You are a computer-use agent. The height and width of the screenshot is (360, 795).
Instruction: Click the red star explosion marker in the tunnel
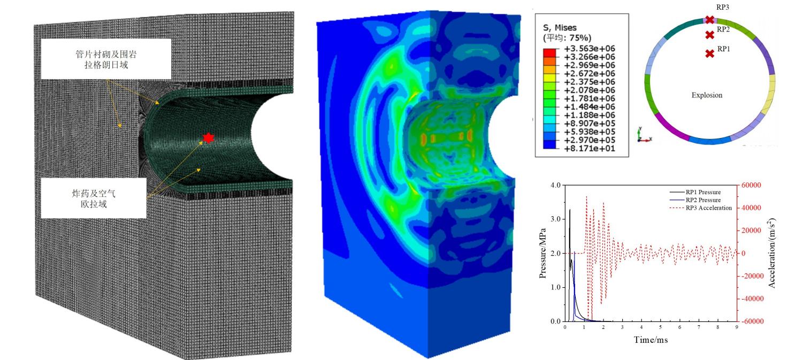(208, 138)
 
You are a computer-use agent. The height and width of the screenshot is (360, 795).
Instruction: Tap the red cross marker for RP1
(709, 53)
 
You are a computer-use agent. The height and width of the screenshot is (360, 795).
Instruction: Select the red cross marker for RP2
(709, 35)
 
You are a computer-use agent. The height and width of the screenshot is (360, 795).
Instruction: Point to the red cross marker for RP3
(709, 20)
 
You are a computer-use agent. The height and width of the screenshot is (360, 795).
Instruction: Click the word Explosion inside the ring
(707, 95)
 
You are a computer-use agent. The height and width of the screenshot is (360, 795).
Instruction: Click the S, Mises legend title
(560, 28)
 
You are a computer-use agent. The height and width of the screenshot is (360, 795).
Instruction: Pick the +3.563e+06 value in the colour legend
(590, 49)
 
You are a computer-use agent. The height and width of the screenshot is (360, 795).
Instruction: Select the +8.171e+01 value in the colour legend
(590, 148)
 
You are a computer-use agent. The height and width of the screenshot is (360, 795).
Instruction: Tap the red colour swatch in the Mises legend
(549, 53)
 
